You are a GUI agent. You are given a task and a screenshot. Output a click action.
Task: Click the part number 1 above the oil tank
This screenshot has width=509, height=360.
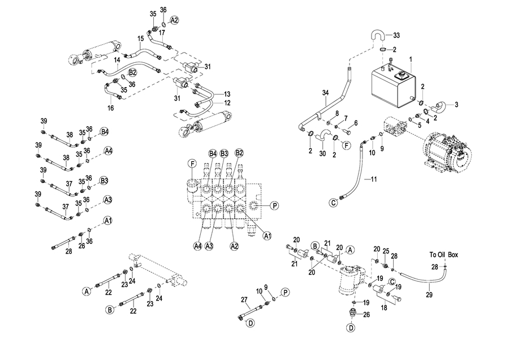click(411, 59)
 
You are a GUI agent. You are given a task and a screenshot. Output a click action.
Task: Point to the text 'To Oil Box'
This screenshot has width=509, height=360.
click(443, 255)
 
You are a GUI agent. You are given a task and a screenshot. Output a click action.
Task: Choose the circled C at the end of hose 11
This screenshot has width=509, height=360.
click(334, 202)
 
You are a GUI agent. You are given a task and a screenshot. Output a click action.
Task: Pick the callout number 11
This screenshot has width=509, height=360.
click(373, 179)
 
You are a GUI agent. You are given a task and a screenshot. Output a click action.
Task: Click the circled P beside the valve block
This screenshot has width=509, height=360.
click(274, 205)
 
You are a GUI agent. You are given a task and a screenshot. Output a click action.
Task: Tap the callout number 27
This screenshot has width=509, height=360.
click(244, 299)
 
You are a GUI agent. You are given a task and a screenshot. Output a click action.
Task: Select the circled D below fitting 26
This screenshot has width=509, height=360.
click(351, 328)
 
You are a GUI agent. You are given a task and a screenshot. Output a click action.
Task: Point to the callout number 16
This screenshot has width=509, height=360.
click(111, 108)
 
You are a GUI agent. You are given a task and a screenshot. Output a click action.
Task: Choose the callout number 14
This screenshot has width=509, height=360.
click(117, 59)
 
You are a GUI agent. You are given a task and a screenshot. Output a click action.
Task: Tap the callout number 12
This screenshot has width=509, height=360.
click(227, 103)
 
